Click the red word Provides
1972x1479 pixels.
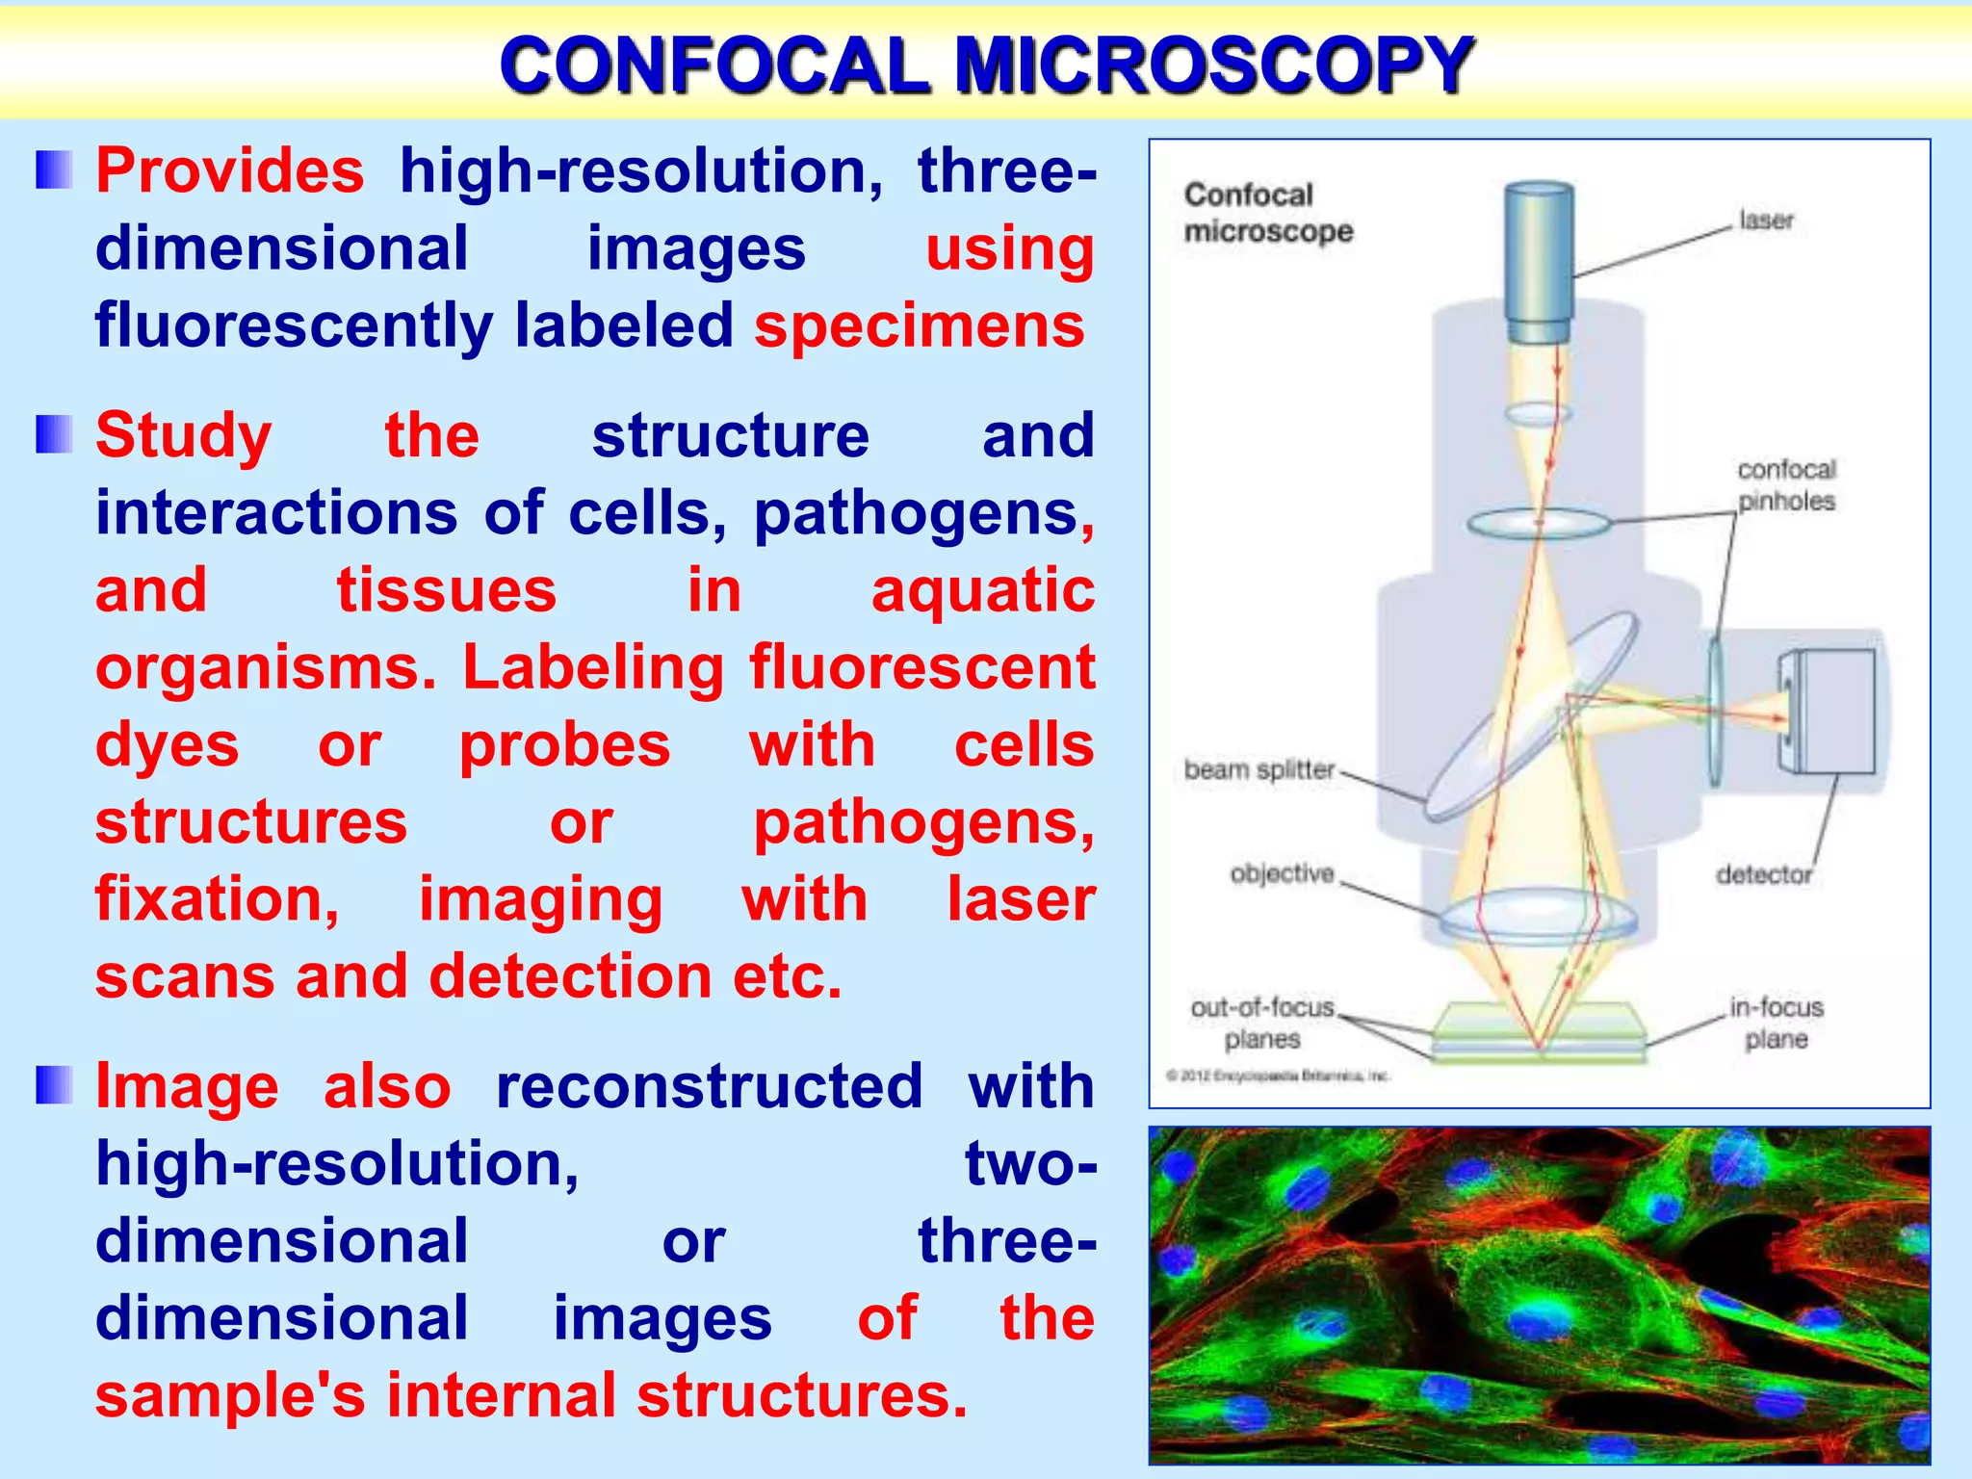click(230, 171)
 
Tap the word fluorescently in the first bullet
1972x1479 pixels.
click(293, 325)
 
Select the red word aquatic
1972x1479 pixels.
click(982, 590)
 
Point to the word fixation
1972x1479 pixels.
click(217, 899)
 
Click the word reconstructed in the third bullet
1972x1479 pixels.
click(709, 1087)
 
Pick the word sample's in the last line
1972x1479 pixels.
click(230, 1396)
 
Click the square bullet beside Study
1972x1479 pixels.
click(54, 434)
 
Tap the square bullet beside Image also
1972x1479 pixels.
click(54, 1085)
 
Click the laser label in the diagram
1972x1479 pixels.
click(1765, 221)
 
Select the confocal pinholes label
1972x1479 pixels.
click(1786, 485)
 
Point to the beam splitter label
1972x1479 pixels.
click(1258, 770)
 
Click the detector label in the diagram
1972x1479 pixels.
click(1763, 874)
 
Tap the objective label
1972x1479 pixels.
click(1282, 873)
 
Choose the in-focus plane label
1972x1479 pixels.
click(1776, 1023)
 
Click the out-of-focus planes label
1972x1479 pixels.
click(1262, 1023)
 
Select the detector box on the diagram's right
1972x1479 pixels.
click(1827, 711)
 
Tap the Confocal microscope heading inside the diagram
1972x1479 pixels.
click(1267, 213)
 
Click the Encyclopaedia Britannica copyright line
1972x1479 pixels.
click(1277, 1076)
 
